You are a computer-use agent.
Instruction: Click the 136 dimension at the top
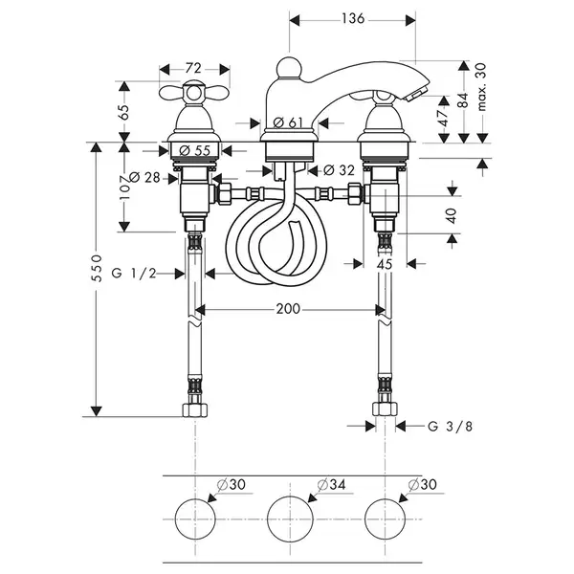click(353, 18)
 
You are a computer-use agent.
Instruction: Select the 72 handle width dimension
click(193, 68)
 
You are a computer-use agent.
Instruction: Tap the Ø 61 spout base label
click(288, 122)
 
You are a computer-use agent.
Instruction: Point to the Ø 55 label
click(195, 150)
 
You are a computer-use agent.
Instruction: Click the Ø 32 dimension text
click(340, 170)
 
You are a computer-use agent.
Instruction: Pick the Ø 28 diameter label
click(145, 178)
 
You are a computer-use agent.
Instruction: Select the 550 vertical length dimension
click(97, 268)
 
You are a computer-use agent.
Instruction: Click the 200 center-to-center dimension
click(288, 309)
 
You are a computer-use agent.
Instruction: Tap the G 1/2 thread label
click(134, 273)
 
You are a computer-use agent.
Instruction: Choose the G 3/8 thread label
click(451, 427)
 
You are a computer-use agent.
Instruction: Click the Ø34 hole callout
click(332, 485)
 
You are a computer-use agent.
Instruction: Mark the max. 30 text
click(482, 87)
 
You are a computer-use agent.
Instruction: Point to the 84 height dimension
click(464, 100)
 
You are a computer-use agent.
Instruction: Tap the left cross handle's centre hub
click(194, 94)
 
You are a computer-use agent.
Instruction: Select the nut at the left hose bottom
click(195, 409)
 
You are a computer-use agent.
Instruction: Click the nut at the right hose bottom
click(386, 408)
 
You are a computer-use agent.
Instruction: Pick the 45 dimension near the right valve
click(385, 264)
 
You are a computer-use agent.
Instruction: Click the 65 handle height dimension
click(124, 112)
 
